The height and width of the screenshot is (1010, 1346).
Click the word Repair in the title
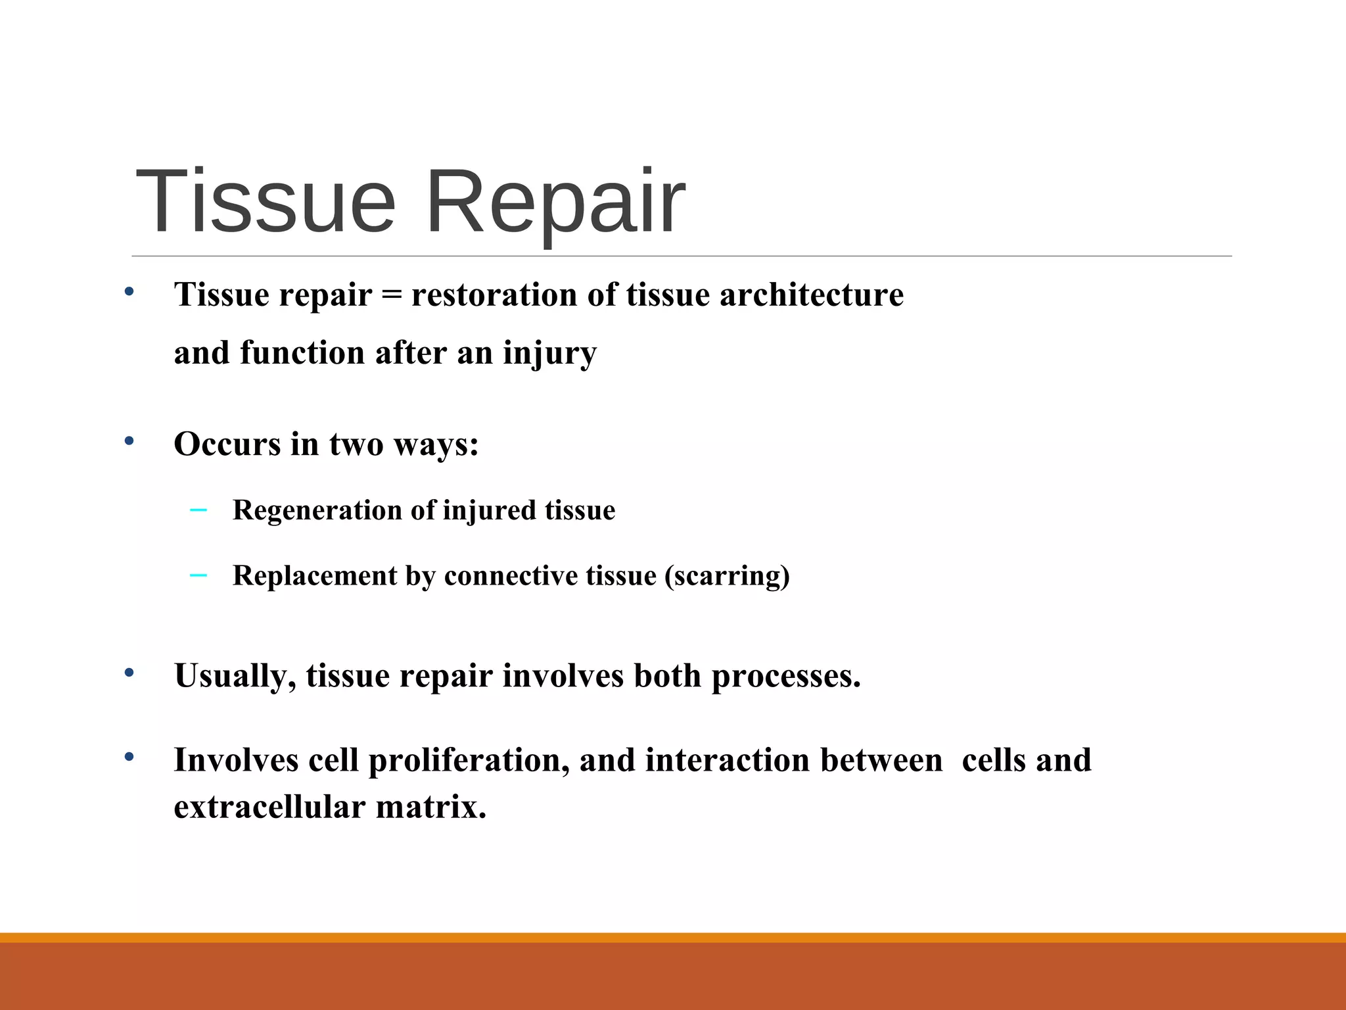click(x=555, y=203)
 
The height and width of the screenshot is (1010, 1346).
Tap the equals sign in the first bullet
click(x=392, y=295)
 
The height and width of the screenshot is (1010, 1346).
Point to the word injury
click(x=549, y=354)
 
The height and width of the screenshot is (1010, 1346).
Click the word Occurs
click(x=227, y=444)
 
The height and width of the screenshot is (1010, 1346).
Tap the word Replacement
click(x=315, y=576)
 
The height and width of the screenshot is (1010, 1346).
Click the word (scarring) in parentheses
click(x=727, y=576)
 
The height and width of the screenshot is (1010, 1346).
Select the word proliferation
click(x=469, y=761)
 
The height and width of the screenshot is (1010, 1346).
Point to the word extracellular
click(x=269, y=807)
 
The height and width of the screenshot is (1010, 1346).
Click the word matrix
click(x=430, y=807)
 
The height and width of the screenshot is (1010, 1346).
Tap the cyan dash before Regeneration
click(x=198, y=510)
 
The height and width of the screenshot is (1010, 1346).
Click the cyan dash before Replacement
click(x=198, y=575)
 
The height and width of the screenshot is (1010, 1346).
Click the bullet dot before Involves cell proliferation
click(x=129, y=757)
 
